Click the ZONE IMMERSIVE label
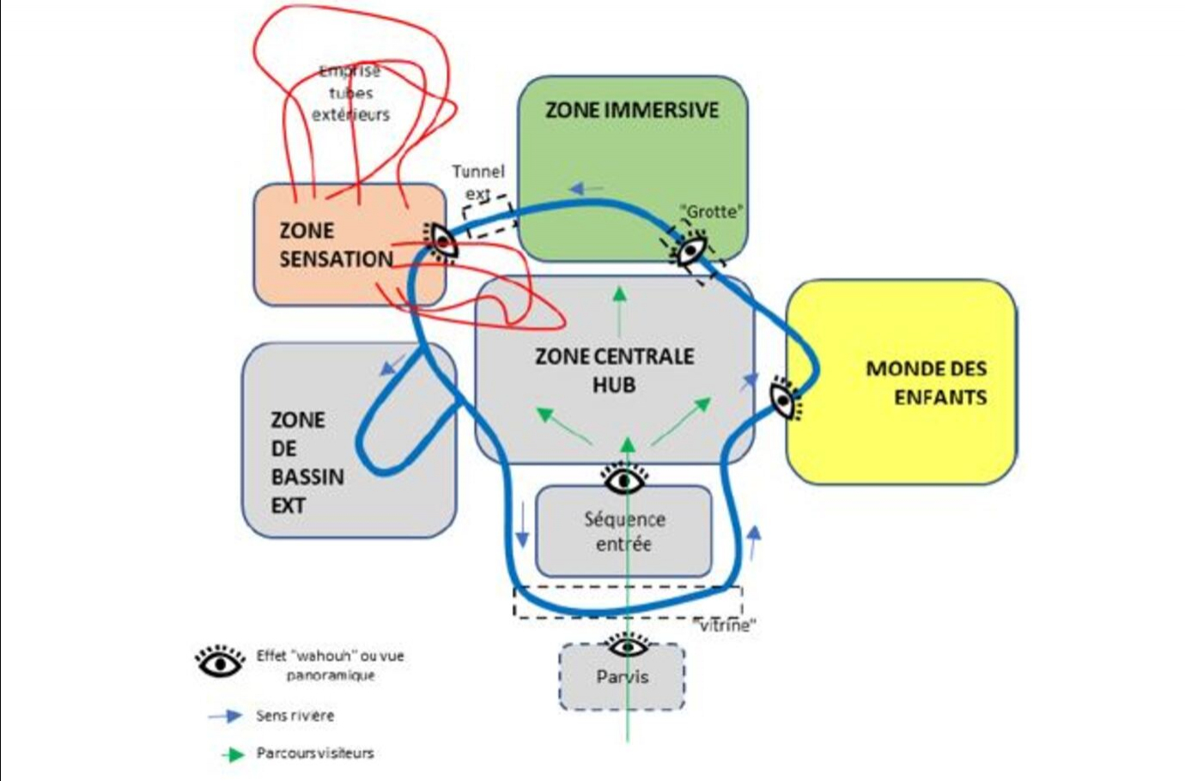(632, 110)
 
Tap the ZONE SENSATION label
(336, 245)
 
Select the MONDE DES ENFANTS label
(927, 383)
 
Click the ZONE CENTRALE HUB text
(614, 370)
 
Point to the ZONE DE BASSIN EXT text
(307, 463)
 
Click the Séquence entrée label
(624, 531)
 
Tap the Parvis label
(623, 677)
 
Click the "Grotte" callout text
(711, 211)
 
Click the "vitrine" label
(724, 626)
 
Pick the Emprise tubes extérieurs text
(350, 93)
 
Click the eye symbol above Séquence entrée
(625, 478)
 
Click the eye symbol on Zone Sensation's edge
(441, 240)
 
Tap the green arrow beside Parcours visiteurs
(233, 754)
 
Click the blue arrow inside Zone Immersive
(586, 188)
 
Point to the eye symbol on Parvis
(628, 645)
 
